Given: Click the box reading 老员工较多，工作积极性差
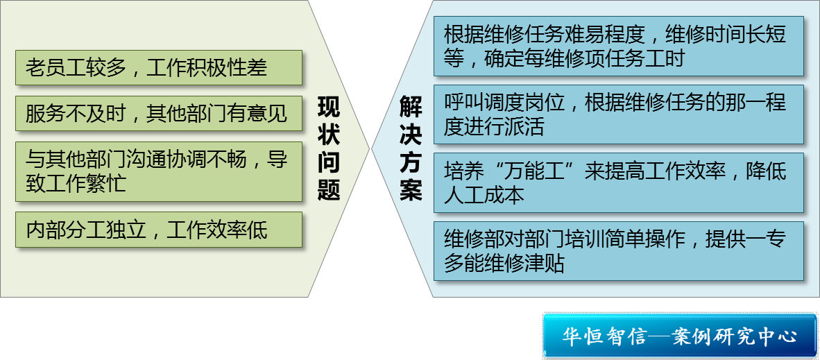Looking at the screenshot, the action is [159, 67].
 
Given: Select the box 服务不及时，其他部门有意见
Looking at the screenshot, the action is [159, 113].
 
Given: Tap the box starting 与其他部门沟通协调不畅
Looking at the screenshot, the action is [159, 171].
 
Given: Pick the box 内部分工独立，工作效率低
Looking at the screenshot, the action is [159, 229].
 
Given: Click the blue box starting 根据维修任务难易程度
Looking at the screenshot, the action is [619, 46].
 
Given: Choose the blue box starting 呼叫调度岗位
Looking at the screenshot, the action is [619, 114].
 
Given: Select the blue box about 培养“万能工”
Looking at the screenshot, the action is [619, 182].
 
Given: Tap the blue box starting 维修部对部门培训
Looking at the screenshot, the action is [619, 250].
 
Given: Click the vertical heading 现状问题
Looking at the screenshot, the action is [329, 149].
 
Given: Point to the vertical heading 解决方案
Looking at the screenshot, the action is [411, 149].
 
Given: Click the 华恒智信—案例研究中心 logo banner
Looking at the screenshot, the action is [679, 336].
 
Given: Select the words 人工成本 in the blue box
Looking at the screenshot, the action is [484, 195].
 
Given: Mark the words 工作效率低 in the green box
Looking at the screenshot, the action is [216, 229].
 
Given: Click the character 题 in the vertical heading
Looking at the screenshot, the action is [329, 189].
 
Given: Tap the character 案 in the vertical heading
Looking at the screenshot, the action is [411, 189].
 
